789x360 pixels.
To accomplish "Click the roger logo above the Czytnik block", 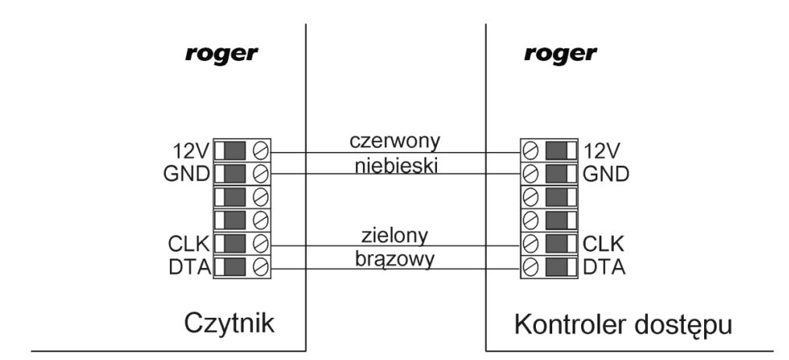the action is (x=221, y=55).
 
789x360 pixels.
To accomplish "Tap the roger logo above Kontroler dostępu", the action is (x=561, y=55).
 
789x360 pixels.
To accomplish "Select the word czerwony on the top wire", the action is (x=395, y=141).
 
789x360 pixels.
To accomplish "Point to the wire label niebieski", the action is (x=396, y=165).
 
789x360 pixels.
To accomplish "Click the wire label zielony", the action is (x=394, y=235).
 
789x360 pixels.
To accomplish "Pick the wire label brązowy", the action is (x=395, y=259).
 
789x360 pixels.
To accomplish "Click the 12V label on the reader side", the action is (x=191, y=150).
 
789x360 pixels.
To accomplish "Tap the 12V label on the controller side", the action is (x=603, y=150).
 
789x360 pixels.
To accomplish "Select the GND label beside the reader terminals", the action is (x=187, y=175).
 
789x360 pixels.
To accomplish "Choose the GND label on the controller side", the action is (x=606, y=175).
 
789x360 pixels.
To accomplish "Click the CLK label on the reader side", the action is (x=188, y=244).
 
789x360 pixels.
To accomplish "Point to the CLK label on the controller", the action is (x=604, y=244).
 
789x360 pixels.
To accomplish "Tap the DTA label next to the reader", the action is (x=190, y=268).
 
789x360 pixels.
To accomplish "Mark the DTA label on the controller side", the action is (x=604, y=268).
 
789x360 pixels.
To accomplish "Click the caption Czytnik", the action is (x=230, y=323).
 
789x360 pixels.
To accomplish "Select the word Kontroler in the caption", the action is (x=571, y=325).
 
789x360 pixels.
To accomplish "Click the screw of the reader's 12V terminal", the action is (x=261, y=150).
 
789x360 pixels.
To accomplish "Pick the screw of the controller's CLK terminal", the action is (x=530, y=244).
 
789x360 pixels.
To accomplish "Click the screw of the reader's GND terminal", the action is (x=261, y=175).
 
